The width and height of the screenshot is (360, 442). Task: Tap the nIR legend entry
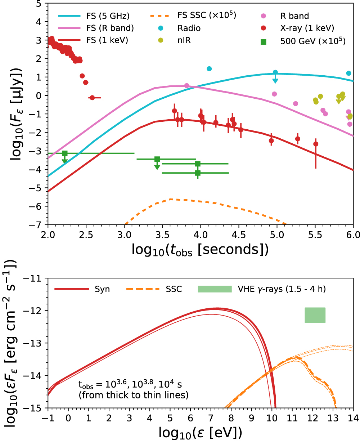[184, 41]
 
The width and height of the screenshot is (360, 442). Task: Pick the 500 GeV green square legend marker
[264, 41]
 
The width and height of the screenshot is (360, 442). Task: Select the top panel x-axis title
[200, 249]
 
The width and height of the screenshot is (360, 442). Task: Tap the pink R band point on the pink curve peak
[186, 86]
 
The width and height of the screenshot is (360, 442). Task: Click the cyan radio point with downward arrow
[275, 72]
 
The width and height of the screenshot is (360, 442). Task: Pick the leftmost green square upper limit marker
[65, 153]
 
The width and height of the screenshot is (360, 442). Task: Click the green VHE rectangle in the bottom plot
[315, 315]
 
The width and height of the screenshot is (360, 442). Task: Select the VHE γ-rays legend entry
[281, 289]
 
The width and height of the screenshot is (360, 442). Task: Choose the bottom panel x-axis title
[200, 432]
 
